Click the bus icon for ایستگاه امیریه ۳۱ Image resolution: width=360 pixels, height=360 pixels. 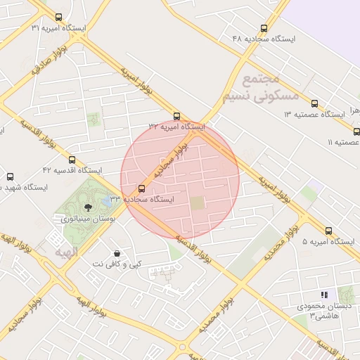[x=58, y=18]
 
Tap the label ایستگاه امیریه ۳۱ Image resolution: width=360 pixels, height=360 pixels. [x=58, y=28]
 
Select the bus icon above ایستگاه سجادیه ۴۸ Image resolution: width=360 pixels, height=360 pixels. [x=264, y=29]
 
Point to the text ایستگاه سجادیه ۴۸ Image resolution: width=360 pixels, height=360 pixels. [x=264, y=39]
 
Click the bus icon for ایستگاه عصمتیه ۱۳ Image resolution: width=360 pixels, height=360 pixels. [x=314, y=103]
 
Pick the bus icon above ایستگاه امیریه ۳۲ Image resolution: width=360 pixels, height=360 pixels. [x=176, y=117]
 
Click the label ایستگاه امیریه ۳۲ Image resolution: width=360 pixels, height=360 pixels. [x=176, y=127]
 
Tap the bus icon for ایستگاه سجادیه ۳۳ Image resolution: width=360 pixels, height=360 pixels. [x=142, y=188]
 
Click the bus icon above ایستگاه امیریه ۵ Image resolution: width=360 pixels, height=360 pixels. [x=328, y=231]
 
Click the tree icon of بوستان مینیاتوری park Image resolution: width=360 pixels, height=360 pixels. [x=88, y=207]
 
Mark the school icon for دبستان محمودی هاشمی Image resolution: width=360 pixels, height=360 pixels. [x=324, y=295]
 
